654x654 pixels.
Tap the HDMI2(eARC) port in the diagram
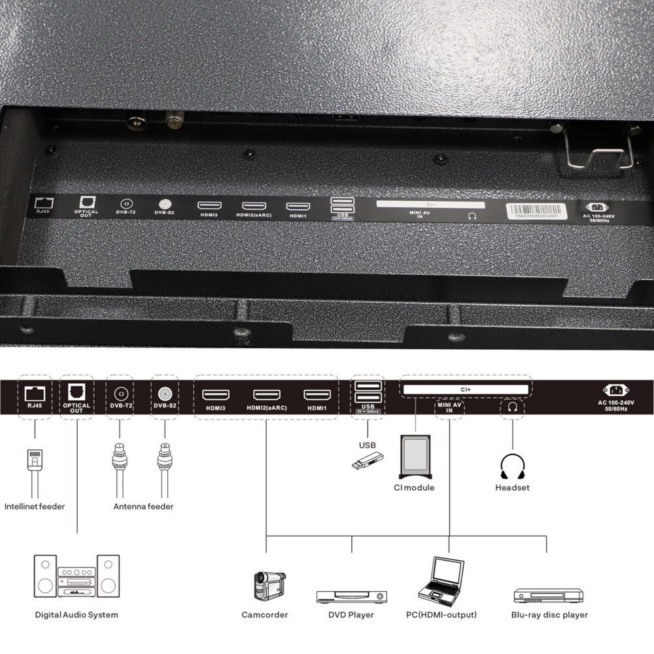(x=267, y=395)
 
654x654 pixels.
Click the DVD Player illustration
(x=351, y=596)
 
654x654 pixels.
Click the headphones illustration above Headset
(x=512, y=467)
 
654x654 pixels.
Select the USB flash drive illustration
(x=367, y=461)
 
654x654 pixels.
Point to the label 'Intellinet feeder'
(x=35, y=506)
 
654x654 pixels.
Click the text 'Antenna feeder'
(x=143, y=506)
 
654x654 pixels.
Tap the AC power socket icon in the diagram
(x=616, y=390)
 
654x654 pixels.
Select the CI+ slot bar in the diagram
(x=466, y=390)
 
